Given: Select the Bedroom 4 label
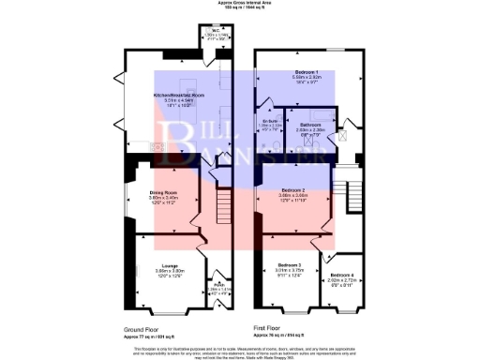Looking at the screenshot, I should (341, 273).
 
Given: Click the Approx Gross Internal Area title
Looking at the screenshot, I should (240, 3).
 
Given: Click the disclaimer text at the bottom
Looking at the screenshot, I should (240, 351).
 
